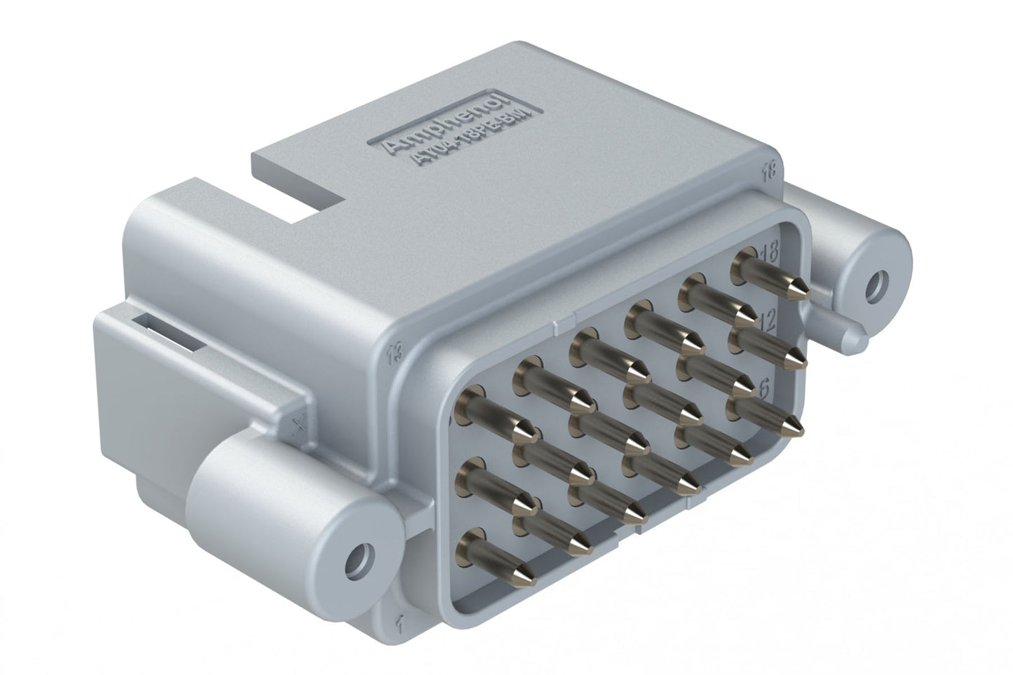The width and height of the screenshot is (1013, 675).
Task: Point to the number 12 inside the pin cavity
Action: (767, 322)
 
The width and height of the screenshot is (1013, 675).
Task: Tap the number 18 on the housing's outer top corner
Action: (772, 169)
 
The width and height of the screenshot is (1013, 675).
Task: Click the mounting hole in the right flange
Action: (876, 286)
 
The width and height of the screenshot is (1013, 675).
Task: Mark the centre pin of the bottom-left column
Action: (501, 488)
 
